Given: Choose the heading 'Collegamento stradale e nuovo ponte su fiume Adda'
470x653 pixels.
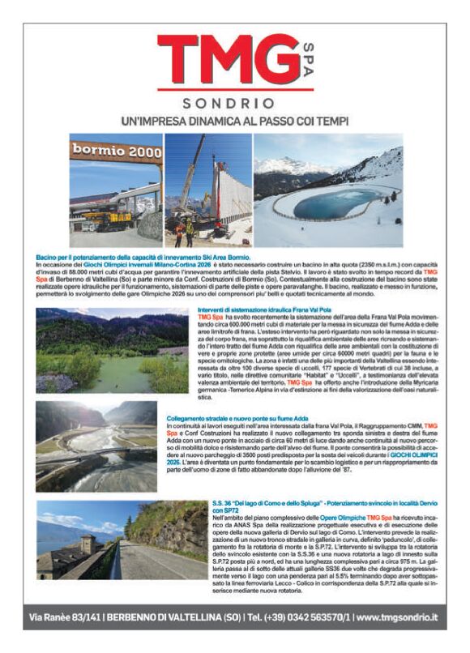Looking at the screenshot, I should click(237, 417).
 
